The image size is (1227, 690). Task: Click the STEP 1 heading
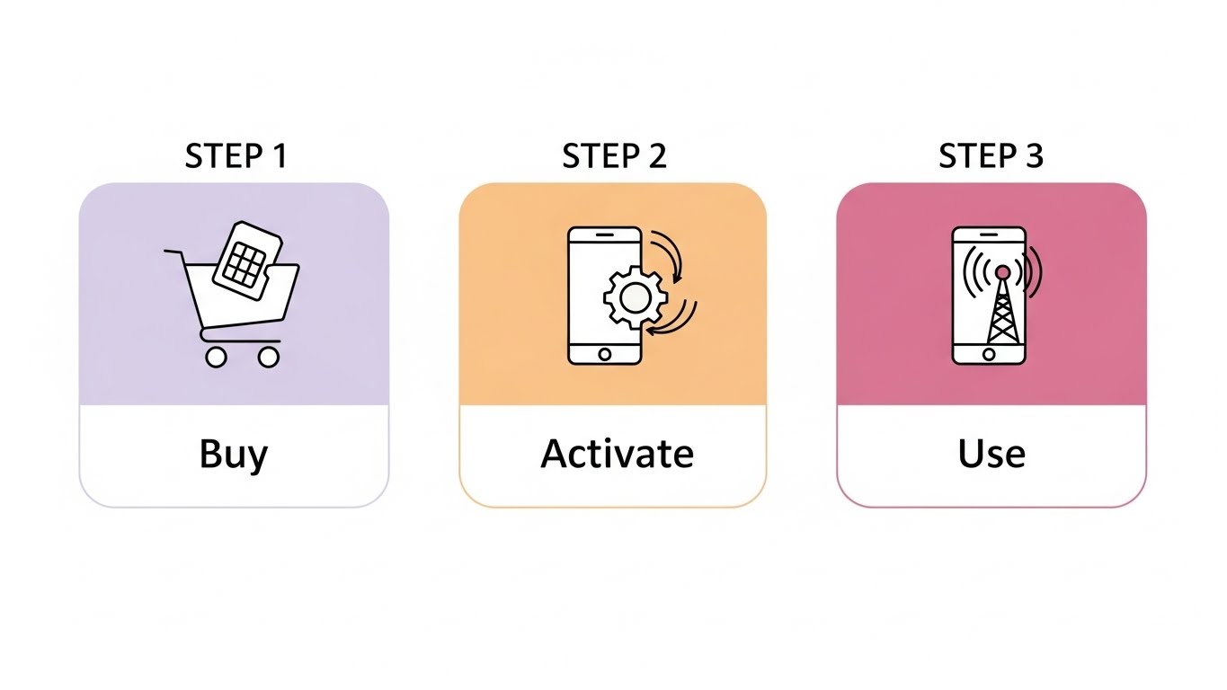[x=236, y=156]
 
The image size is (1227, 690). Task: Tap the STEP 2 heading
[x=614, y=156]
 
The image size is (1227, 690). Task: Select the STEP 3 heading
[x=991, y=156]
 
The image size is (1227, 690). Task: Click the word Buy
[x=234, y=455]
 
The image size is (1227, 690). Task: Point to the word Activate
[x=617, y=454]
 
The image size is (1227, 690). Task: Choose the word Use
[x=991, y=454]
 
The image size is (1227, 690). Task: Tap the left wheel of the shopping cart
[x=215, y=357]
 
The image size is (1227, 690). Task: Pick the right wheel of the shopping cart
[x=268, y=357]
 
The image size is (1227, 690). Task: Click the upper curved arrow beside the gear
[x=670, y=254]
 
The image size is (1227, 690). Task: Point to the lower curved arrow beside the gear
[x=676, y=321]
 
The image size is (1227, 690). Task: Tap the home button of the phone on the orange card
[x=604, y=353]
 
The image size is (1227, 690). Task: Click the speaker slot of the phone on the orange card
[x=605, y=235]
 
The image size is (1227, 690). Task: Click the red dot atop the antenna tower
[x=1002, y=271]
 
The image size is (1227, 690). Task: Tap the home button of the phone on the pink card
[x=989, y=354]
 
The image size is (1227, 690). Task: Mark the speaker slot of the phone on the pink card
[x=989, y=236]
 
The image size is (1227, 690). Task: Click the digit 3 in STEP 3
[x=1033, y=156]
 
